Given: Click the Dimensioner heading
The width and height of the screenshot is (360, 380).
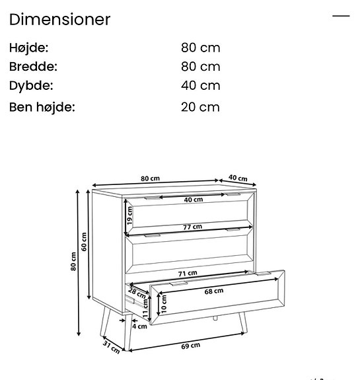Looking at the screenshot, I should coord(59,19).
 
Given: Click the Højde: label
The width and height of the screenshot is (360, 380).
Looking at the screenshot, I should coord(29,48).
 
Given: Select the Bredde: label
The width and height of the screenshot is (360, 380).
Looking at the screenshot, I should coord(33,67).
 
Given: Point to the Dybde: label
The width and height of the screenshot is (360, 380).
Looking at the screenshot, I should coord(31,85).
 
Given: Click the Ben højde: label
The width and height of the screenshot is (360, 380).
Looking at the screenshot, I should coord(42,107).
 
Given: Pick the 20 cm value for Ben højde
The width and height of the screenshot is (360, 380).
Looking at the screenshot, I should coord(200,107).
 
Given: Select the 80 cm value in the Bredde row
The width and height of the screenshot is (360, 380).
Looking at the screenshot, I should coord(200,67).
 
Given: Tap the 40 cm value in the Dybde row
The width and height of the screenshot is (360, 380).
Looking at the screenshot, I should coord(200,85).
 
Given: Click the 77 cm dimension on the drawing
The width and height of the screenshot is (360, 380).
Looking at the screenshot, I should coord(192,227).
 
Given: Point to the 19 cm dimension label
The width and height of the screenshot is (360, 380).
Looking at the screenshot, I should coord(129,214).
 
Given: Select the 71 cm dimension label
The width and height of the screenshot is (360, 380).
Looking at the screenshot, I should coord(188,273).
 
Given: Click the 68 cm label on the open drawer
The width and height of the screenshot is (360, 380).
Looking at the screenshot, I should coord(213,291).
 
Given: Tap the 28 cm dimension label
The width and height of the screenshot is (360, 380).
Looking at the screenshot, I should coord(137,292).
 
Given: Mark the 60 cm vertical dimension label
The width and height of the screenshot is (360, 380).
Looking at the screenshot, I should coord(84,242).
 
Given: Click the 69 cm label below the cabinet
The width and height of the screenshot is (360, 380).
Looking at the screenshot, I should coord(190,346).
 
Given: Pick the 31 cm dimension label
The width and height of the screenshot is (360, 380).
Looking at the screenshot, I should coord(112,345).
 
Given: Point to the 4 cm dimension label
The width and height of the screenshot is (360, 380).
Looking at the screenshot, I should coord(139,326).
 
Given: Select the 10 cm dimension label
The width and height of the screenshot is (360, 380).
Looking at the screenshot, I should coord(164,304).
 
